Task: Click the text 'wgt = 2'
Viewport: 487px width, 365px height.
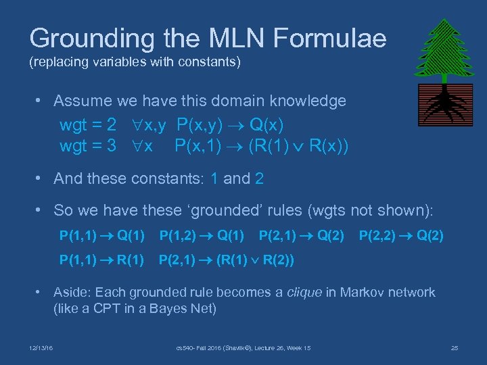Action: click(x=88, y=126)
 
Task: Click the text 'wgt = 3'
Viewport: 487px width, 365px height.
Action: click(x=88, y=145)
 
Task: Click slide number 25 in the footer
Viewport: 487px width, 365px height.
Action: click(x=454, y=348)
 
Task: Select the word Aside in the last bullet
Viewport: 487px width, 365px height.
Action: click(x=71, y=293)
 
